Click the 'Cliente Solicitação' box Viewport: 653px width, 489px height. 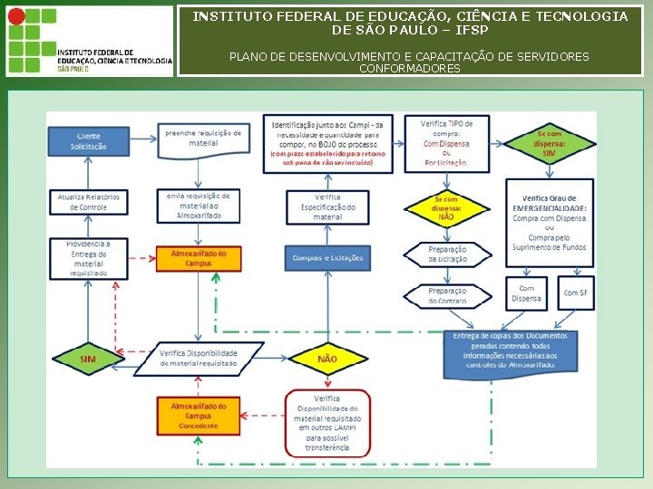pos(89,141)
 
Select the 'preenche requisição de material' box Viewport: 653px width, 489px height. pos(202,138)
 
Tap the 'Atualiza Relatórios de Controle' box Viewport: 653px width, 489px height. pos(89,202)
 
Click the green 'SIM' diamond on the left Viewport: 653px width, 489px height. pos(87,360)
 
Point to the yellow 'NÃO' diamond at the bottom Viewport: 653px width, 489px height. pos(327,360)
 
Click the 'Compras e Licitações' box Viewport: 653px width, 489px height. pos(327,258)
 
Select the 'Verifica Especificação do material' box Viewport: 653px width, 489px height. pos(327,206)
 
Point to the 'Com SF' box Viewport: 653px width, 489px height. pos(575,292)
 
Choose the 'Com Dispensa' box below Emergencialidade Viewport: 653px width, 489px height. pos(526,292)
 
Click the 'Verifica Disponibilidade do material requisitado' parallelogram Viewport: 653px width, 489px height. pos(199,358)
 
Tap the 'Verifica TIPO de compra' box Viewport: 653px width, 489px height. pos(445,143)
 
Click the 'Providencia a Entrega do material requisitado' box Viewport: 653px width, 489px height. pos(89,258)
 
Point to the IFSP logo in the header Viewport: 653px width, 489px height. pos(89,41)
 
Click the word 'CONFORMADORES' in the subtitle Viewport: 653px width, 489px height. pos(409,69)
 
